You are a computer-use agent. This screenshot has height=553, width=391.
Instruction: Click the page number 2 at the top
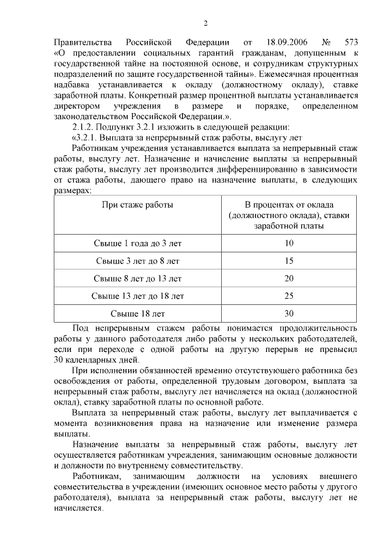206,23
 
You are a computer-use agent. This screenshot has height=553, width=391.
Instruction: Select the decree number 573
348,42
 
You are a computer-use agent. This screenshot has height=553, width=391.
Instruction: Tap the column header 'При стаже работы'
137,204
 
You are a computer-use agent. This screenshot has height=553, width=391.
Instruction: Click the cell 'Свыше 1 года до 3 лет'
137,243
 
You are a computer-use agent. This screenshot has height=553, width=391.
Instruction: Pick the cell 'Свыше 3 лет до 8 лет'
137,262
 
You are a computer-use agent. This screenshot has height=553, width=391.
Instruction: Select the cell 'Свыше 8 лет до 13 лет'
137,279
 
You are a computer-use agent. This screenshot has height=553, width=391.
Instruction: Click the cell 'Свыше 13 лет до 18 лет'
137,297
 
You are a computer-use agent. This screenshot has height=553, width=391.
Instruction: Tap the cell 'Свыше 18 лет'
137,315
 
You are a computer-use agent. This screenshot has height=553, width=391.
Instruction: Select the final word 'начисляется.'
79,508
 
